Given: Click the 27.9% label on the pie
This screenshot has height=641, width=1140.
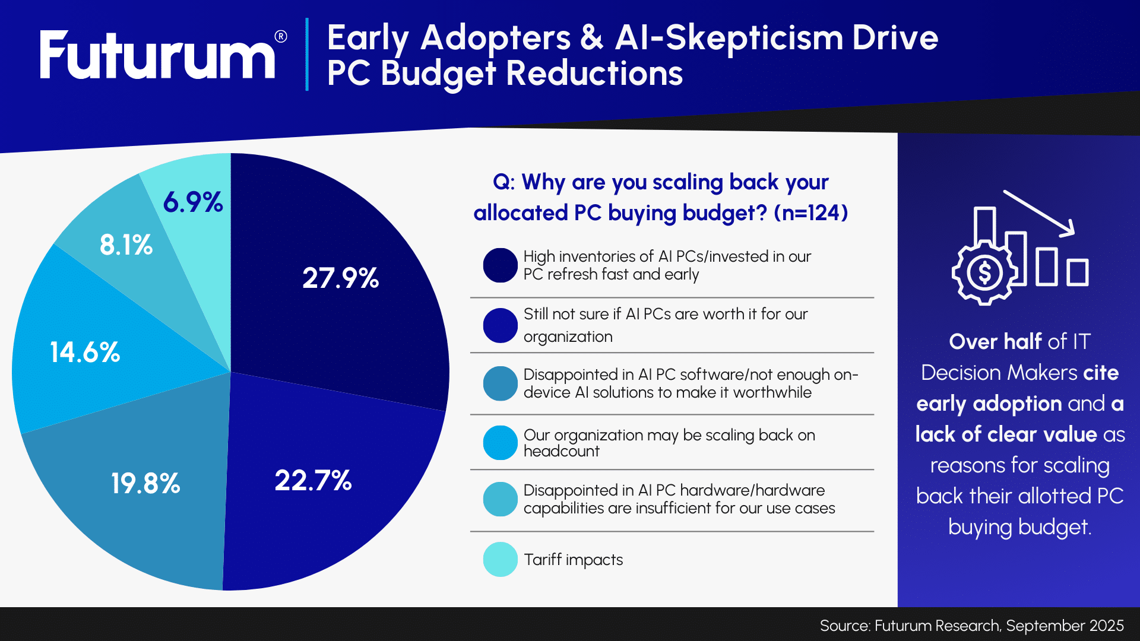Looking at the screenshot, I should pos(340,278).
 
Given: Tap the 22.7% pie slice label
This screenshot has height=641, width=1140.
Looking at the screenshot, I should pos(313,480).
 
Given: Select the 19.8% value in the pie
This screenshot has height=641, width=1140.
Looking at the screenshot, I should pos(145,483).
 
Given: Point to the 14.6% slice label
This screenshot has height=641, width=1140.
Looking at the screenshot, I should pos(85,352).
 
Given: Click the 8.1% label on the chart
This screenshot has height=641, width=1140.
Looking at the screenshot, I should pos(126,245).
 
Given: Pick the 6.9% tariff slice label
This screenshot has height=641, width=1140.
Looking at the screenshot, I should pos(193,202).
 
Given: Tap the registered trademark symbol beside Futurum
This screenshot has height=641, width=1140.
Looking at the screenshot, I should pos(281,37).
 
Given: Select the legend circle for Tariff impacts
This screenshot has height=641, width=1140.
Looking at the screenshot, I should pos(500,559).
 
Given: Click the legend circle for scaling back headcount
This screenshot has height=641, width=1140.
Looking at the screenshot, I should pos(500,443).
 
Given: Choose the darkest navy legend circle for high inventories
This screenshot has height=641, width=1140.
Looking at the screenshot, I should pos(500,265).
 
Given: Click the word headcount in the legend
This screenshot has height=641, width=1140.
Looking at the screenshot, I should pos(561,451).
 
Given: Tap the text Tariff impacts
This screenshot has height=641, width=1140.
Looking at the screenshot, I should pos(573,560).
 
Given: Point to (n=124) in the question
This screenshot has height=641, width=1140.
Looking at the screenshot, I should pos(810,212).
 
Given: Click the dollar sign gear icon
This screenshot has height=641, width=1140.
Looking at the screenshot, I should pos(984,273).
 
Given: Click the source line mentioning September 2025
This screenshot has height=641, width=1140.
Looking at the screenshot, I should pos(971,626).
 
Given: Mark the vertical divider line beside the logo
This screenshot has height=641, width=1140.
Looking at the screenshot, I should pos(307,55).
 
